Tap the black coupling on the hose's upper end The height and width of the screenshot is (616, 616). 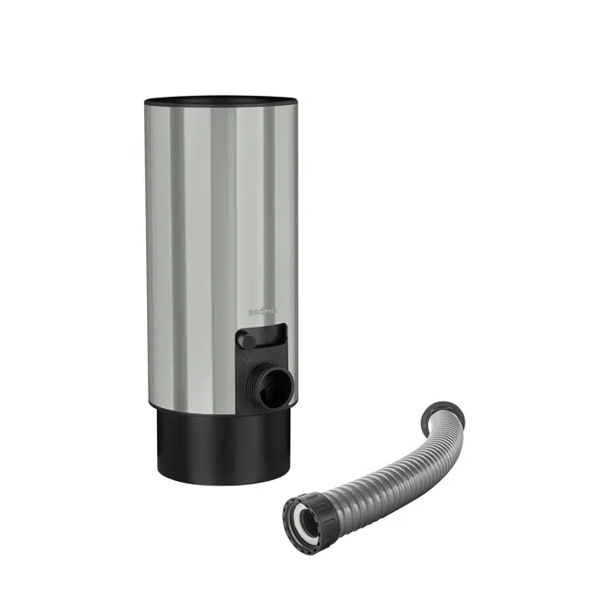(x=447, y=416)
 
